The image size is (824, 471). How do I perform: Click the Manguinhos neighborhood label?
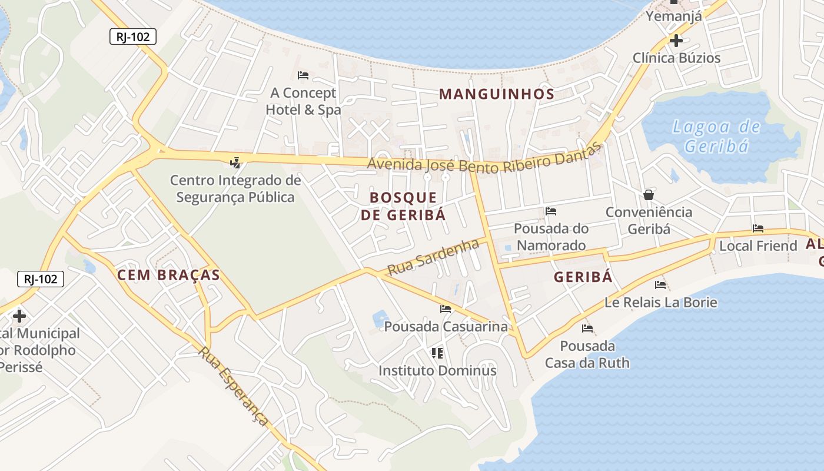click(x=497, y=94)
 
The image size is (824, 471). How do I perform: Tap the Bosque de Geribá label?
click(x=403, y=206)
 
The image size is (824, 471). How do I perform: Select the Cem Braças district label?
click(x=168, y=275)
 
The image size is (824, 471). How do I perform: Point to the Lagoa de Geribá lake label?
click(x=716, y=136)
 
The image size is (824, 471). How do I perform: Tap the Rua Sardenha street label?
click(x=433, y=257)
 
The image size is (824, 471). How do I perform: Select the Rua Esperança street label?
click(x=234, y=386)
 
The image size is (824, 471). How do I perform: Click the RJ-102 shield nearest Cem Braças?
click(x=41, y=278)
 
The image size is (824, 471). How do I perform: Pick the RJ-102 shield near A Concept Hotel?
click(x=132, y=37)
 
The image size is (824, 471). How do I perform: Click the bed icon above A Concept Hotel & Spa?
click(x=303, y=75)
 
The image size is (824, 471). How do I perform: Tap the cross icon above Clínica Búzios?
click(x=676, y=41)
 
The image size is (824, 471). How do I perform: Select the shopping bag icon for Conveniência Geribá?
click(x=649, y=195)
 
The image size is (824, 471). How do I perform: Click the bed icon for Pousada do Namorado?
click(x=551, y=211)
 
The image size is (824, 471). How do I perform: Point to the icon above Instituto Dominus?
click(x=437, y=353)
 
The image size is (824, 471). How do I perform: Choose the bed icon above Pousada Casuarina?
click(x=446, y=309)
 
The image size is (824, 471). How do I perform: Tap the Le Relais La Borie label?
click(x=661, y=303)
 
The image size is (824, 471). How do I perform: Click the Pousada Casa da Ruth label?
click(x=587, y=354)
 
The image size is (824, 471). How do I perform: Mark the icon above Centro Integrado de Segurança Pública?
click(x=235, y=162)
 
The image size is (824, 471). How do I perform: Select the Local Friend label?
click(x=758, y=246)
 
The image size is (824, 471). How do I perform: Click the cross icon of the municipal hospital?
click(x=19, y=316)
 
